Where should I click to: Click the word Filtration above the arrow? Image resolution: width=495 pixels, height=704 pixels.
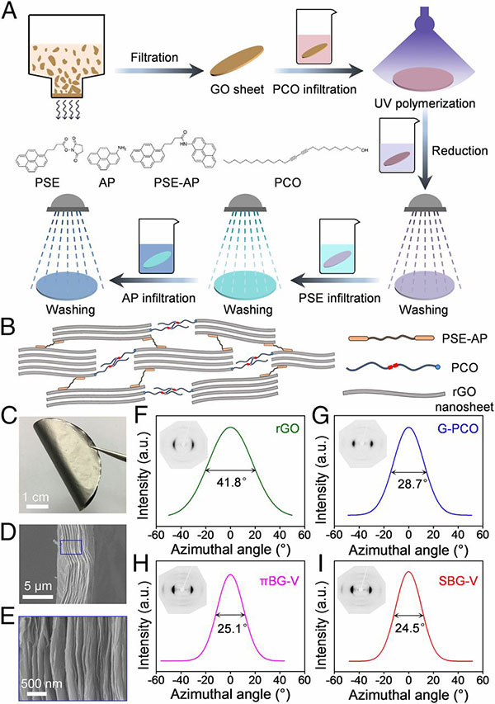pyautogui.click(x=154, y=58)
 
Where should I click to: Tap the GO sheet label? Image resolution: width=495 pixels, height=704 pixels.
pyautogui.click(x=238, y=89)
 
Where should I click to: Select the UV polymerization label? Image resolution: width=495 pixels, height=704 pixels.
pyautogui.click(x=425, y=103)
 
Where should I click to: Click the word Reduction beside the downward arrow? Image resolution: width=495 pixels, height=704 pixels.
pyautogui.click(x=460, y=150)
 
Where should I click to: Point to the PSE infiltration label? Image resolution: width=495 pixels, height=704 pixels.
pyautogui.click(x=339, y=298)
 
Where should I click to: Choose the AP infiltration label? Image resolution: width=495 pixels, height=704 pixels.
pyautogui.click(x=159, y=298)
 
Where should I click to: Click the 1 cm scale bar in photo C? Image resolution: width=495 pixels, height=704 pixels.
pyautogui.click(x=36, y=507)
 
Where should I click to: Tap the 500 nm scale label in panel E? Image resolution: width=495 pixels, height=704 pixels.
pyautogui.click(x=42, y=684)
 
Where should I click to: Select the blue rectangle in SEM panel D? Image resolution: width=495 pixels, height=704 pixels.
pyautogui.click(x=71, y=547)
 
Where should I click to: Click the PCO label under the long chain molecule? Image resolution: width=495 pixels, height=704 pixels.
pyautogui.click(x=287, y=183)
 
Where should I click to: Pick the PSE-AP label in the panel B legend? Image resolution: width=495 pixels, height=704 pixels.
pyautogui.click(x=469, y=338)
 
